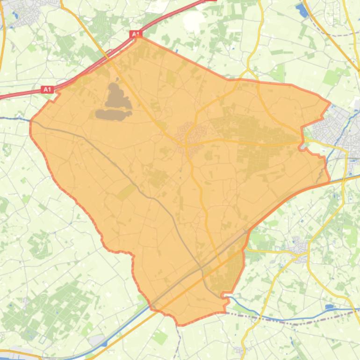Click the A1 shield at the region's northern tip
point(136,34)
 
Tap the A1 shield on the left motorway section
point(48,89)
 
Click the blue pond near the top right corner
point(302,10)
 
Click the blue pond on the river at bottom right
point(329,307)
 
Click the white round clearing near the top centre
point(193,20)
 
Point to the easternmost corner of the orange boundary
point(330,102)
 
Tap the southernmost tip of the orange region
point(180,324)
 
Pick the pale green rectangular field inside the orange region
point(125,191)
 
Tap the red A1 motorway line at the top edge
point(187,7)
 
